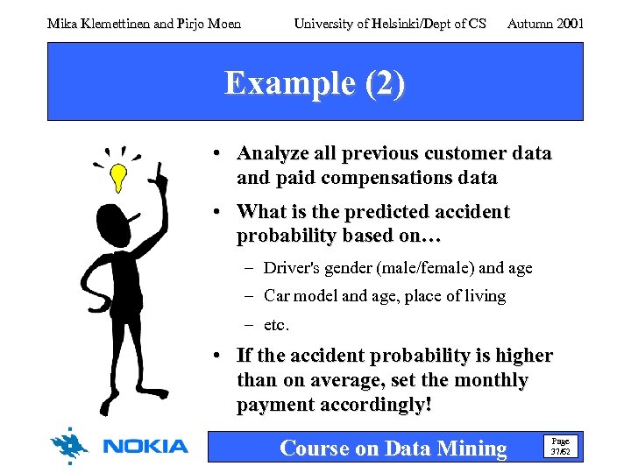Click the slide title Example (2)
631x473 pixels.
(x=315, y=83)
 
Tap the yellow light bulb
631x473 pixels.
(x=117, y=178)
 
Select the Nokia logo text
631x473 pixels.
(x=145, y=447)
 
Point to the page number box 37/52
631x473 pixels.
(x=558, y=447)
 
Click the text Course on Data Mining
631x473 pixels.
(x=393, y=448)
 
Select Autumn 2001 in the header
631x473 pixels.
(x=545, y=24)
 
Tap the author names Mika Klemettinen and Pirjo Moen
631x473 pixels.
(x=144, y=24)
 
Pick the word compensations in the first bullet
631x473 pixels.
(x=391, y=179)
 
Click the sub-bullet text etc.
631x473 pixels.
(x=276, y=324)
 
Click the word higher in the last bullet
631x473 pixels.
(x=523, y=356)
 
